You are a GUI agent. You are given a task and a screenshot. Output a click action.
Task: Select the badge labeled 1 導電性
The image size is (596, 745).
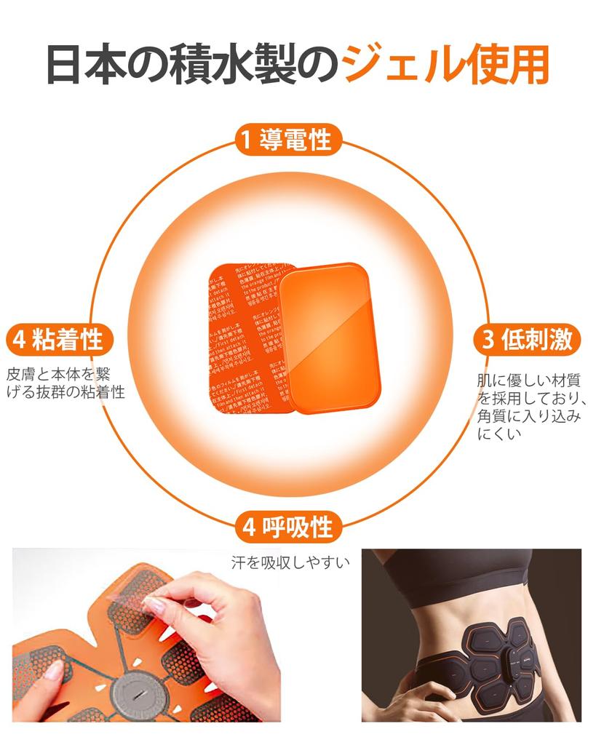coord(286,139)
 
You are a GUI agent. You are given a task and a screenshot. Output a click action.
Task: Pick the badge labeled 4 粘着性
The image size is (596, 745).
coord(57,339)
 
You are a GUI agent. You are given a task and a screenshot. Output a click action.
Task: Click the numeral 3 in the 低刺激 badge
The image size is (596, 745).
coord(488,340)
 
